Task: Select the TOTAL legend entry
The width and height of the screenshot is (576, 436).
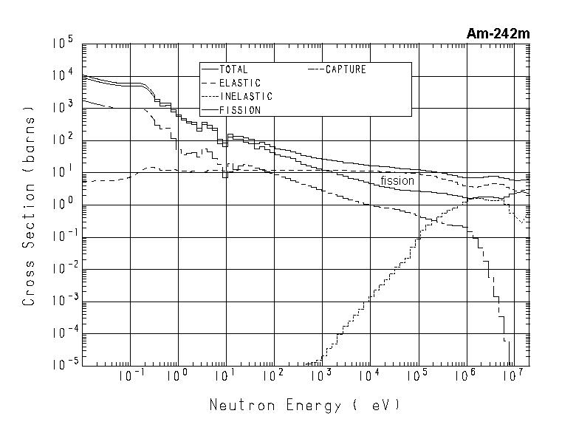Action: [233, 70]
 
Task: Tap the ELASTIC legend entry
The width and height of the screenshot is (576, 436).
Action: [239, 84]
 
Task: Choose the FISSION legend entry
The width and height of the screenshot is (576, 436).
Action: [239, 110]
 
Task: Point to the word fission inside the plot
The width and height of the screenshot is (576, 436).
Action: [397, 180]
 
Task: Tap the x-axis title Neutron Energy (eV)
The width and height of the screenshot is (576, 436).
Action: [304, 406]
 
